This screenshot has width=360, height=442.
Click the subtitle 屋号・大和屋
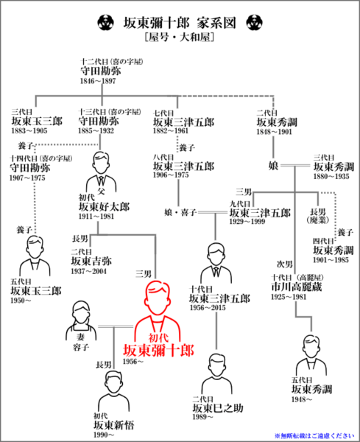[x=180, y=37]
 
